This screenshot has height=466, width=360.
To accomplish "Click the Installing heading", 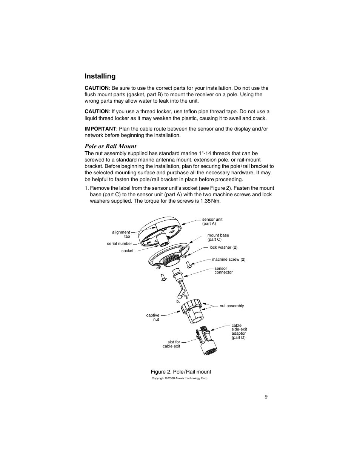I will [100, 76].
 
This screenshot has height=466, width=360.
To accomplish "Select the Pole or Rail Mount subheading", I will [110, 146].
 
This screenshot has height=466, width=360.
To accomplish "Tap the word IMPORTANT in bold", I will [100, 129].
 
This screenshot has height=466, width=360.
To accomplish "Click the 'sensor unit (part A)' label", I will [212, 221].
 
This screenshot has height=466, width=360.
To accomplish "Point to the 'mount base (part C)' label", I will [218, 237].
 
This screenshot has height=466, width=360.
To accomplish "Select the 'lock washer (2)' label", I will [223, 248].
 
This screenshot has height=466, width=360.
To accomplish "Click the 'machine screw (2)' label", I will [228, 260].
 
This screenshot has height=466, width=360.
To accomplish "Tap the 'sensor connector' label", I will [223, 271].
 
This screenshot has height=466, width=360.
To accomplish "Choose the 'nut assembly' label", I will [232, 306].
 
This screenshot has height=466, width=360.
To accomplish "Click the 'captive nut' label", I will [153, 317].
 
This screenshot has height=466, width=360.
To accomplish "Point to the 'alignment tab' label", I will [121, 234].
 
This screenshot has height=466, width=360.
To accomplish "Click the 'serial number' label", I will [119, 244].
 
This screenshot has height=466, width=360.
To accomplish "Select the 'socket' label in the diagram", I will [127, 251].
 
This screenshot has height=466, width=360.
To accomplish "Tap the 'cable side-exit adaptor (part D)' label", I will [239, 331].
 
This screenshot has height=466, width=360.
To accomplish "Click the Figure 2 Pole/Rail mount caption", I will [181, 372].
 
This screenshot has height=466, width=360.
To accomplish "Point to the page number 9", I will [266, 397].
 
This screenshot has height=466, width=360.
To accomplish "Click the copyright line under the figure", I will [180, 378].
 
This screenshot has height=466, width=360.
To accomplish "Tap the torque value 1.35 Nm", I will [210, 201].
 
